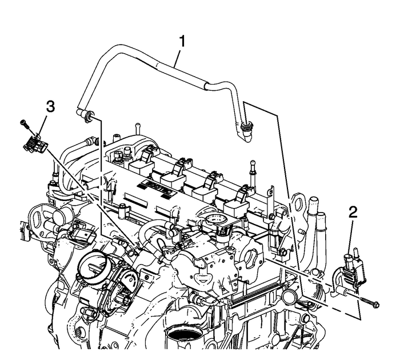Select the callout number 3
pos(50,106)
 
